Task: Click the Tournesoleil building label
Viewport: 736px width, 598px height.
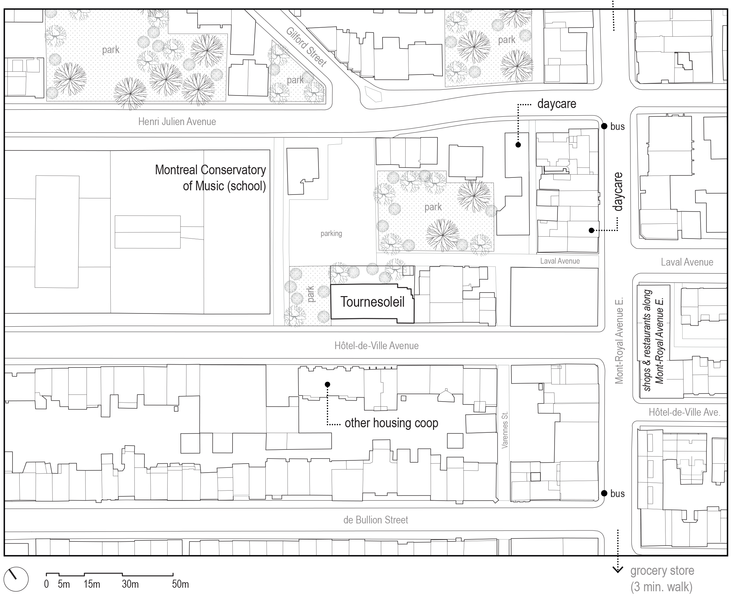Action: point(373,302)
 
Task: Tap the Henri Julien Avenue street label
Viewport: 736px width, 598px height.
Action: point(177,122)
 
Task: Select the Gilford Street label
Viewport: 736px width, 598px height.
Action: point(306,47)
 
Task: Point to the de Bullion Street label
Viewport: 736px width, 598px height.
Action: point(376,520)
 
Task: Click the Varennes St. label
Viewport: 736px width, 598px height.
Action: point(505,430)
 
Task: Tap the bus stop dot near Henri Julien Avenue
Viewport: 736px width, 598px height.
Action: point(604,126)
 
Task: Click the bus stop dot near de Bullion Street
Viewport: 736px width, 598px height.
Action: point(604,493)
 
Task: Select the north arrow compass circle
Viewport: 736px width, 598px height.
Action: point(16,579)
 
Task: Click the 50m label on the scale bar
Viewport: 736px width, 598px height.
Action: point(180,584)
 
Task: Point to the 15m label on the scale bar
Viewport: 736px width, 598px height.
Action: point(92,584)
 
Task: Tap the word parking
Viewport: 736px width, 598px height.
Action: point(331,233)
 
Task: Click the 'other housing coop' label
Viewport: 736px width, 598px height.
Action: point(391,423)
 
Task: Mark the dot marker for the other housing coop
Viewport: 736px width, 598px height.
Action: point(328,385)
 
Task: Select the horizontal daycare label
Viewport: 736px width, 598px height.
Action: point(557,104)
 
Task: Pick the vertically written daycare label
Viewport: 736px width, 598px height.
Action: point(618,192)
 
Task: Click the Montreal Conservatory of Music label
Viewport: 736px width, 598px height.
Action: point(210,178)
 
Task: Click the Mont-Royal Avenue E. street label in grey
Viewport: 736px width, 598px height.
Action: point(619,341)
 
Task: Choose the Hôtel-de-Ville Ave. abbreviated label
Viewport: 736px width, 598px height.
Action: point(684,412)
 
